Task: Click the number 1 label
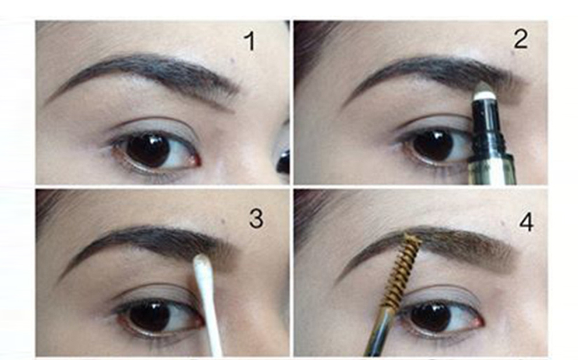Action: (250, 41)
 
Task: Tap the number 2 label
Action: (520, 39)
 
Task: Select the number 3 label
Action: (256, 218)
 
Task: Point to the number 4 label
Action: (526, 222)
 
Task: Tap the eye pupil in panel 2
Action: (433, 146)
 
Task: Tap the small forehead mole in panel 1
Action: (233, 60)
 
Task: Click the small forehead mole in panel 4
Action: (503, 223)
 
